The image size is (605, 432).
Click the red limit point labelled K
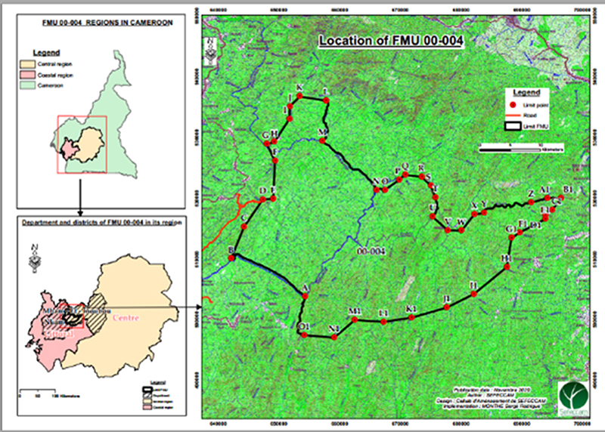[299, 97]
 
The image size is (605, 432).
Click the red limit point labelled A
[305, 295]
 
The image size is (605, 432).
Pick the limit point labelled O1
[302, 334]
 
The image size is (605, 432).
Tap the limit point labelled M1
[354, 319]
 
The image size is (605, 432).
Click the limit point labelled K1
[411, 318]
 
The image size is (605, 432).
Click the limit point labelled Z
[532, 200]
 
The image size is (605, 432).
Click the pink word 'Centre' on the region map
[126, 318]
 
